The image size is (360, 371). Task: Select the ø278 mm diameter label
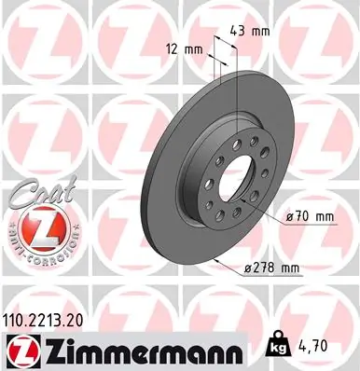[x=271, y=269]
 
